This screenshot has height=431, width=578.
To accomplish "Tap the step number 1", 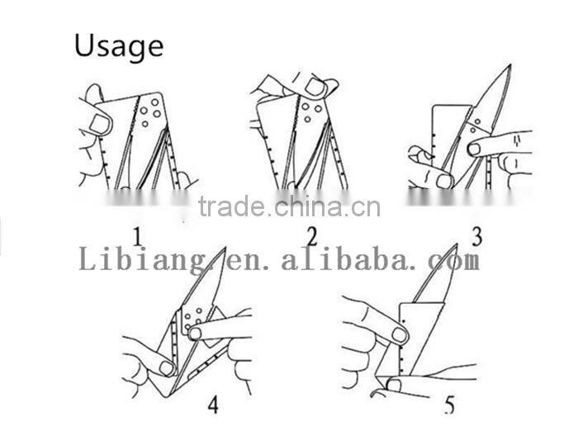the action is [x=138, y=237].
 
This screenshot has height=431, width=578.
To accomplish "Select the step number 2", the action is [x=312, y=236].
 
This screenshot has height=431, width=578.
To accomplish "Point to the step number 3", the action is [x=477, y=236].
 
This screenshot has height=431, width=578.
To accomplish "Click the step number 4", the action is [x=213, y=405].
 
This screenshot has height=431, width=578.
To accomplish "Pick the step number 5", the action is [x=450, y=405].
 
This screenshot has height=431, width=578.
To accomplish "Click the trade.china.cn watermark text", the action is [x=289, y=206].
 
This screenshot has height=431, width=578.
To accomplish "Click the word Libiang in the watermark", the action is [x=142, y=260].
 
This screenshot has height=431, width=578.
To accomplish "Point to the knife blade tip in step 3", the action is [x=510, y=65].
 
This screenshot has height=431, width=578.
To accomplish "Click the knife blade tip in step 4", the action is [x=225, y=249].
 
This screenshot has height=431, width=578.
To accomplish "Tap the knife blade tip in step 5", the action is [x=457, y=244].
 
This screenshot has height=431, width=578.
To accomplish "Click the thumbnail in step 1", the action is [x=100, y=124].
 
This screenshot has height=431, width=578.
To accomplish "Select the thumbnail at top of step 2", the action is [x=315, y=87].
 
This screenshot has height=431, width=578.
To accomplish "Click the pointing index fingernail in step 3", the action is [x=474, y=149].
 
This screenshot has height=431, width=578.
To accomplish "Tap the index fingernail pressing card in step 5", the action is [x=399, y=334].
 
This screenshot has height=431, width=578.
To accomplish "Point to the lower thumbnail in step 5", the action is [x=394, y=386].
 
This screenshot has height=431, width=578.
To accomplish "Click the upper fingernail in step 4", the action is [x=195, y=334].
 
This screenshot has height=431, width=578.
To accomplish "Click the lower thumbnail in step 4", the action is [x=167, y=368].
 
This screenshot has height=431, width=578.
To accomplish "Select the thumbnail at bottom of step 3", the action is [x=444, y=182].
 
